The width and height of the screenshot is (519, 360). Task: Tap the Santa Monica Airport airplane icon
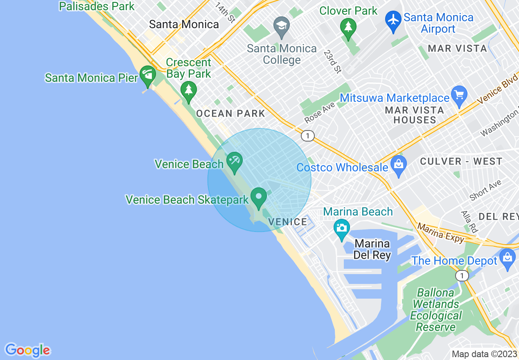[x=393, y=19]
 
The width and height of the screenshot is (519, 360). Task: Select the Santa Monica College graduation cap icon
[x=282, y=25]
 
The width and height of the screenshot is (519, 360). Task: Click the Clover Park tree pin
[x=348, y=27]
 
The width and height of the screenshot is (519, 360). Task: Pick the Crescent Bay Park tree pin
[x=188, y=90]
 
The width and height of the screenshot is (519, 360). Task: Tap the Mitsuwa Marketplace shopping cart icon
[x=459, y=95]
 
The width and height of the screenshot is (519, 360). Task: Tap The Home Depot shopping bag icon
[x=508, y=258]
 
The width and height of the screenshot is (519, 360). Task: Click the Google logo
[x=27, y=350]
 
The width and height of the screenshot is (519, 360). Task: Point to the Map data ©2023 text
[x=484, y=354]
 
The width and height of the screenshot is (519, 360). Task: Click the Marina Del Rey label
[x=372, y=250]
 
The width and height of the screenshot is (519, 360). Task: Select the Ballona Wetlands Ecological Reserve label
[x=436, y=310]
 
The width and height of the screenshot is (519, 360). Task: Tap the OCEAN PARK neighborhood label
[x=231, y=114]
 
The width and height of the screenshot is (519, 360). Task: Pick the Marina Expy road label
[x=440, y=232]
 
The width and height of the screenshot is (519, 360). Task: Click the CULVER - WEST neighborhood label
[x=461, y=162]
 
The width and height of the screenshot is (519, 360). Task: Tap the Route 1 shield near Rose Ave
[x=307, y=135]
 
